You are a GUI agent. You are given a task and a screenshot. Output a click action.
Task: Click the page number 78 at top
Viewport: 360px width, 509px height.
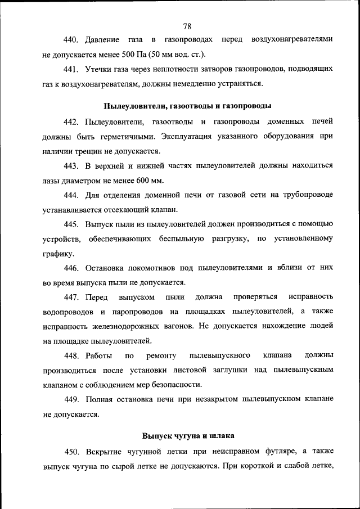coord(188,26)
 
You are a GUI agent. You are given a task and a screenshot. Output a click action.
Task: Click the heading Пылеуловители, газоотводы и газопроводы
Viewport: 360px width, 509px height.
coord(188,106)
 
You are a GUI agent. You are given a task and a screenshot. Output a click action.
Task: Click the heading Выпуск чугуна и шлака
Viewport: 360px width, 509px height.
coord(188,436)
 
